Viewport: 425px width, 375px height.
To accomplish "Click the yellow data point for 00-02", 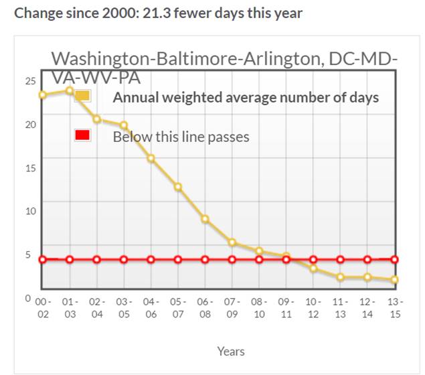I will pyautogui.click(x=43, y=94).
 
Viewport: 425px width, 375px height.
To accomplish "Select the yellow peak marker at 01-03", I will pyautogui.click(x=70, y=90).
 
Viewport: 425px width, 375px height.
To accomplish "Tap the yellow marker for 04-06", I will pyautogui.click(x=151, y=159).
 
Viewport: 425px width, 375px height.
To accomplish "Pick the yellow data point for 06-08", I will pyautogui.click(x=205, y=219).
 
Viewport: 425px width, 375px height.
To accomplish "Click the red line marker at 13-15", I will pyautogui.click(x=395, y=259).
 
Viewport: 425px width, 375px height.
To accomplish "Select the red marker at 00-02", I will pyautogui.click(x=43, y=259).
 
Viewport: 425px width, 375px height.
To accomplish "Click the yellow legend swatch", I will pyautogui.click(x=82, y=96).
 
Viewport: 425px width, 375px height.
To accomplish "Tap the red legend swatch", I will pyautogui.click(x=82, y=136).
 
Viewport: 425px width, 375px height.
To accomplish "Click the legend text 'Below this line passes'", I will pyautogui.click(x=181, y=137).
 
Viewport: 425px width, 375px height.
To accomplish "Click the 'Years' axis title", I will pyautogui.click(x=231, y=351).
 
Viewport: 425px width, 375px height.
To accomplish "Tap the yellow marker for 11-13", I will pyautogui.click(x=341, y=277).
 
